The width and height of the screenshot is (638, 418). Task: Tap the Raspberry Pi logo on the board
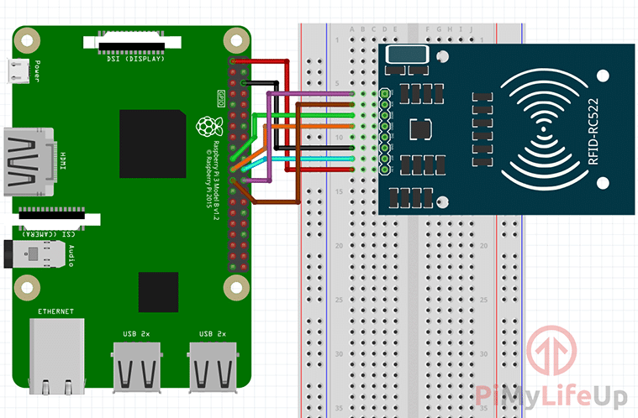[204, 126]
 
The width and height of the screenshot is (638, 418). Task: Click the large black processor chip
[152, 143]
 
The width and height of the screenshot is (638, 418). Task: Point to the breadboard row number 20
[340, 245]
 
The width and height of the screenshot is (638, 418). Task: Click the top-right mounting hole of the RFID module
[602, 75]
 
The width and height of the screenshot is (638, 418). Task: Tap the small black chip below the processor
[159, 291]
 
